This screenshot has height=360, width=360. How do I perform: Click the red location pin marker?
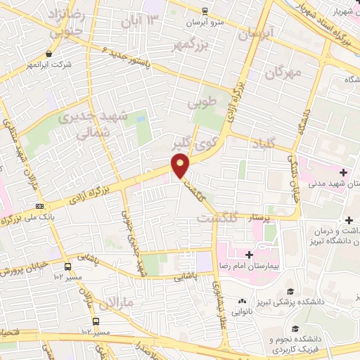pos(181,165)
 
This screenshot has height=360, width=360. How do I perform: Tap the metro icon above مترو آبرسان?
pos(204,11)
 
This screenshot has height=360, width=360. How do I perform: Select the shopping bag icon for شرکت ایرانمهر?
pos(48,53)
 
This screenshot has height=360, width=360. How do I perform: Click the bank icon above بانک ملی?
pos(40,206)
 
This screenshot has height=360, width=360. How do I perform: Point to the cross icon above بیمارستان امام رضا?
pos(249,253)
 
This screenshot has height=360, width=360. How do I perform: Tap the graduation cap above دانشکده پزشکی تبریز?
pos(288,290)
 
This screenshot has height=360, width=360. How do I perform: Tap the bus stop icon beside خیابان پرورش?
pos(67,267)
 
